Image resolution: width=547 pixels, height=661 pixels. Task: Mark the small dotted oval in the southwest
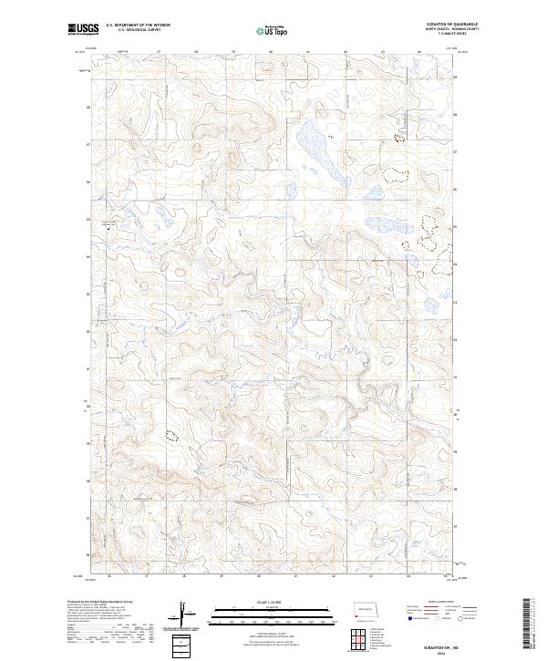click(170, 435)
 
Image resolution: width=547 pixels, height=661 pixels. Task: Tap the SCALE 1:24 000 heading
click(273, 602)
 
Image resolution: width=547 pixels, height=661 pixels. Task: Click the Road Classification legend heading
click(442, 602)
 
